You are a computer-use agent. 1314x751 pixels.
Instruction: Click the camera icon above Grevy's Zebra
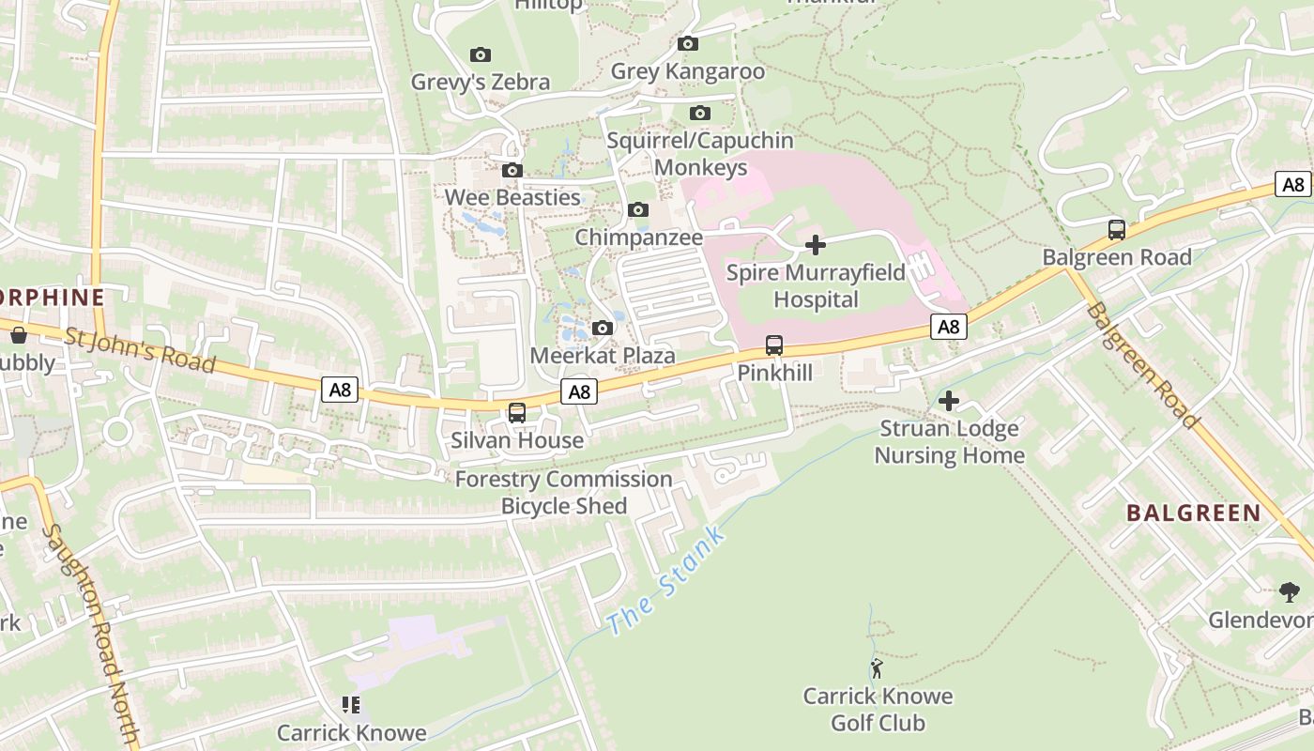click(x=481, y=55)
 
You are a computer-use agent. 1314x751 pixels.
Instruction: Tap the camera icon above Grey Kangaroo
click(x=688, y=44)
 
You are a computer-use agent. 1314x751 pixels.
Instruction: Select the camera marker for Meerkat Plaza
click(x=603, y=329)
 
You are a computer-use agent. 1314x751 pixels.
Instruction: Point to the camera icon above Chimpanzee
click(x=638, y=210)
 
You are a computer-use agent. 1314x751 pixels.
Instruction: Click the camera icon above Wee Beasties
click(x=512, y=171)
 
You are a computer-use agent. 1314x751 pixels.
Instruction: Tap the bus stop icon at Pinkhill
click(x=774, y=345)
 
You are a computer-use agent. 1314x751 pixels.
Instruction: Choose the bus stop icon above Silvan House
click(x=517, y=413)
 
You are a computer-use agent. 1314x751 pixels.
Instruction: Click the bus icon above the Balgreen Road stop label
click(x=1117, y=230)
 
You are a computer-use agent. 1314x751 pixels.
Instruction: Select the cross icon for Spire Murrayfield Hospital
click(x=816, y=245)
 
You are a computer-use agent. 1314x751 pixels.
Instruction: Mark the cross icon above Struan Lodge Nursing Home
click(x=949, y=402)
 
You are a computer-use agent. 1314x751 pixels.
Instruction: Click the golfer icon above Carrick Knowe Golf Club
click(x=877, y=668)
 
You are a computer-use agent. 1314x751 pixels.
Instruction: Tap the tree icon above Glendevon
click(x=1290, y=592)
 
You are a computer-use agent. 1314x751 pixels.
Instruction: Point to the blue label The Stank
click(x=665, y=581)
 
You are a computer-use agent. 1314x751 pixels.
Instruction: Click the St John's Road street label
click(x=140, y=349)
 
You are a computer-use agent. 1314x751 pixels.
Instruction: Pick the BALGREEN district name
click(x=1193, y=513)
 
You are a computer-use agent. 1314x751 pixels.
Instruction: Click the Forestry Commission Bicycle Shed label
click(x=563, y=493)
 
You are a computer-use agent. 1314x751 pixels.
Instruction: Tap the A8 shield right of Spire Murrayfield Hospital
click(x=949, y=327)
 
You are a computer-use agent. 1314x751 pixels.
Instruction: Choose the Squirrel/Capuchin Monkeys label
click(x=700, y=154)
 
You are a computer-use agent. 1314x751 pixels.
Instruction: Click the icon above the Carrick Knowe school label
click(x=351, y=705)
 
